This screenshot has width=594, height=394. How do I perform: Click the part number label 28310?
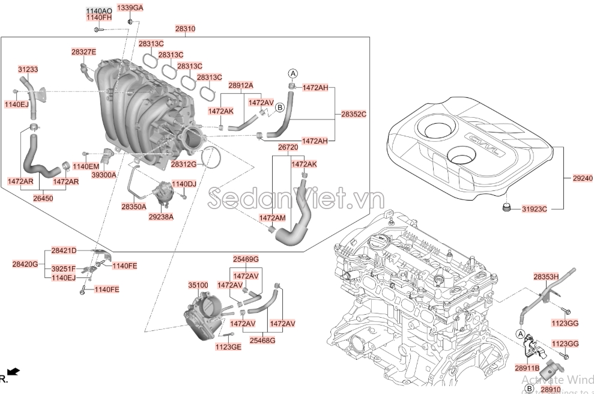coord(185,29)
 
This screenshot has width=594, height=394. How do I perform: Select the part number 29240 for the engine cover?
coord(582,178)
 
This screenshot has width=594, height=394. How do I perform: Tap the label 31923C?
coord(535,209)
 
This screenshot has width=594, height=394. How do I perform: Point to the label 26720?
coord(288,147)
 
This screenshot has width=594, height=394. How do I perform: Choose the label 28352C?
coord(354,114)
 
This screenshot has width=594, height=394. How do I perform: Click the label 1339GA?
coord(130,8)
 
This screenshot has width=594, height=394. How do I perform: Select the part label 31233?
coord(28,70)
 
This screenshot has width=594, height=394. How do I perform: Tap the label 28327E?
coord(83,52)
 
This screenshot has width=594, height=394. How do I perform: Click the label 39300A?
coord(104,175)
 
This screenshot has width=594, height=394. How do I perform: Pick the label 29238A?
coord(161,216)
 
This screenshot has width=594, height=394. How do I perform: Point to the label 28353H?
coord(546,276)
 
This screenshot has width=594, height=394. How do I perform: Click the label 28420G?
coord(25,264)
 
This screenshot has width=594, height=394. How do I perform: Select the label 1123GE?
coord(228,347)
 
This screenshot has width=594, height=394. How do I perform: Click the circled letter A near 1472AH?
coord(293,73)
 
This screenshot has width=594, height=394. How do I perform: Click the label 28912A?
coord(241,86)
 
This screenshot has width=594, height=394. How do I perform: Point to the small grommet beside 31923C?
coord(506,208)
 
